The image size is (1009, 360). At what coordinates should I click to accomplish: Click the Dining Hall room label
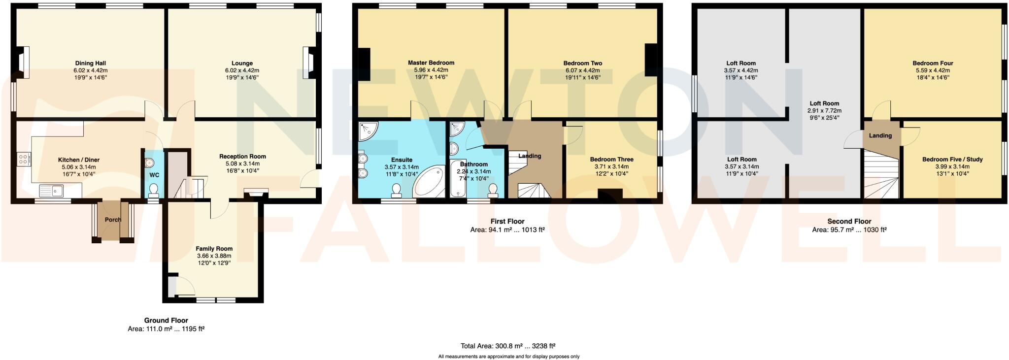[90, 63]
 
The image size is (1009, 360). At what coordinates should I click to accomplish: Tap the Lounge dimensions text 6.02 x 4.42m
[242, 70]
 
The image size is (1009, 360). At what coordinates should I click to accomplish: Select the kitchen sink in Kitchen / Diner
[51, 190]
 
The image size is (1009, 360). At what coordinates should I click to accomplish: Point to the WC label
[154, 175]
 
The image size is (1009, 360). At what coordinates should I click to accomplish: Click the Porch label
[113, 220]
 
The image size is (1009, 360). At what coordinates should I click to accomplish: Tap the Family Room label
[214, 249]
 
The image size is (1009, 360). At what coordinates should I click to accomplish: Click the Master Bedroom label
[431, 63]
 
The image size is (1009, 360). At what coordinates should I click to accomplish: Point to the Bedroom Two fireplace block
[651, 60]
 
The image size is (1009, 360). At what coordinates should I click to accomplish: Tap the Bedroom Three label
[611, 159]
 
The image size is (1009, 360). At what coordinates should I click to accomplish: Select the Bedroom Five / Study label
[952, 159]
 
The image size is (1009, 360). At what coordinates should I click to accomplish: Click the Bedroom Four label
[932, 63]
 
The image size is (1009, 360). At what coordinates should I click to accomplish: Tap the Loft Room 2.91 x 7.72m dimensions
[824, 111]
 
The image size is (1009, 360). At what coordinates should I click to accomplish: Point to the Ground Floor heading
[166, 320]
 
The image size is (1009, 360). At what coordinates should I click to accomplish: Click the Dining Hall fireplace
[23, 63]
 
